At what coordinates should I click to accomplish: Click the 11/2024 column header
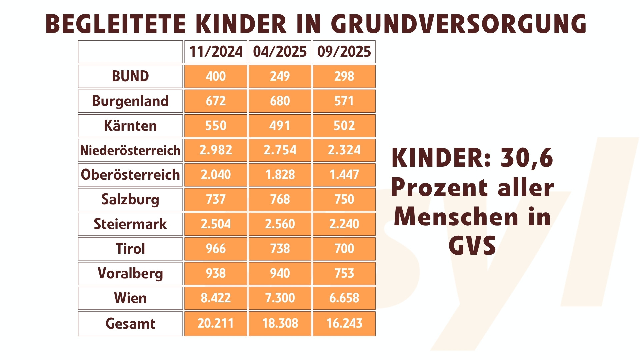point(216,52)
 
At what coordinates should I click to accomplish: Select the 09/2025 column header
point(344,52)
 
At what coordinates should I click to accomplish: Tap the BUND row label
point(130,76)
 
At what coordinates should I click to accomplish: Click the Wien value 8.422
point(216,298)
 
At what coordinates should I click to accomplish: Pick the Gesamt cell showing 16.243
point(344,323)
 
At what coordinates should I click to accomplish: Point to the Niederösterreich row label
point(130,150)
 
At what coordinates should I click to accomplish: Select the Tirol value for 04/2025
point(280,249)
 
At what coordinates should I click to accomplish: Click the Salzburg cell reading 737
point(216,199)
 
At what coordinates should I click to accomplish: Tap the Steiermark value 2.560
point(280,224)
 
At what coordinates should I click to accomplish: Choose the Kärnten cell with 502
point(344,126)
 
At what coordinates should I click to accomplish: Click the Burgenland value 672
point(216,101)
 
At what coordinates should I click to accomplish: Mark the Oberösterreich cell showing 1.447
point(344,175)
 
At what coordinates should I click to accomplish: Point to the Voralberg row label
point(130,273)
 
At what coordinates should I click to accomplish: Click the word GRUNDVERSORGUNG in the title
point(458,24)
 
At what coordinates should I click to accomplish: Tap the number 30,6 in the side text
point(527,158)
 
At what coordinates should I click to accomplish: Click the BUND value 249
point(280,76)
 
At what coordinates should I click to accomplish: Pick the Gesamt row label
point(130,323)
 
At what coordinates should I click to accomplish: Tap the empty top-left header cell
point(130,52)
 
